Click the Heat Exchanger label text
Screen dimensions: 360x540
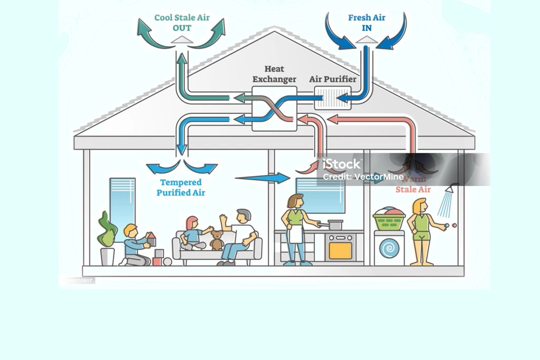(x=274, y=74)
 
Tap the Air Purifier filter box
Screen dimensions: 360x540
(x=333, y=98)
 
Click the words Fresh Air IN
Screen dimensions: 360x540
(x=367, y=22)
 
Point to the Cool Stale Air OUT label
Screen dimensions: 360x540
(x=182, y=22)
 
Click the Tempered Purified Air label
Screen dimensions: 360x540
(x=181, y=188)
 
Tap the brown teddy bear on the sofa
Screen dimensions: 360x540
(x=216, y=240)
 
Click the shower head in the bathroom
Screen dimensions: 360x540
(x=451, y=189)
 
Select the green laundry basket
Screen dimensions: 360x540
(x=389, y=220)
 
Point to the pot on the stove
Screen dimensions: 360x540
(x=334, y=224)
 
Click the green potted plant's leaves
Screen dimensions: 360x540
(x=107, y=230)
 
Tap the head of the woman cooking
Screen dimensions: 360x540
(x=296, y=201)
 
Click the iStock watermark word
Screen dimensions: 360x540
(x=342, y=164)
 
